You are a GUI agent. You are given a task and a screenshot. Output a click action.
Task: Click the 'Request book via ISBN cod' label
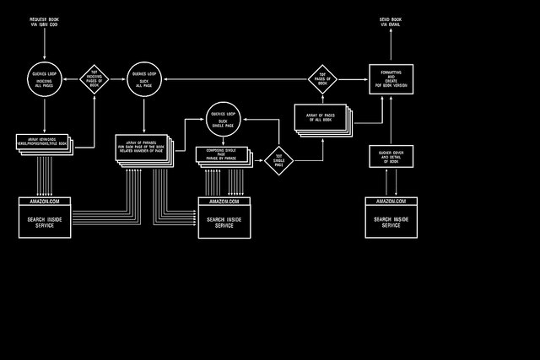click(45, 22)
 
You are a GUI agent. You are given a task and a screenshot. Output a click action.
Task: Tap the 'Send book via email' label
click(391, 22)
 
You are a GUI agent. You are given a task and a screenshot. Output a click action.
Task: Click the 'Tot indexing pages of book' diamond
click(94, 78)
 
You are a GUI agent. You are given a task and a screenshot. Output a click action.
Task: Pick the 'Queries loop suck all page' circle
click(144, 78)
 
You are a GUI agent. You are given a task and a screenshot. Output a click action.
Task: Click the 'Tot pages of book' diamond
click(322, 78)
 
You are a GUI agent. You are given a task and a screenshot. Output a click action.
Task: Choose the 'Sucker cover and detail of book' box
click(391, 156)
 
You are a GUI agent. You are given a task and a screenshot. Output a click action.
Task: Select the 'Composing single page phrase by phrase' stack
click(224, 154)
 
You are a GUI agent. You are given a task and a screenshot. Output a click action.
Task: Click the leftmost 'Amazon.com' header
click(45, 201)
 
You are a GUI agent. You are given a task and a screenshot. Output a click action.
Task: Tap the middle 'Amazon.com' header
click(224, 201)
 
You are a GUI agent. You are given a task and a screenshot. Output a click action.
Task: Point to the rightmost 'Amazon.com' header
click(391, 201)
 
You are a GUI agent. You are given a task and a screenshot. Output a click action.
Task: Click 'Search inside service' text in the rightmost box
click(391, 222)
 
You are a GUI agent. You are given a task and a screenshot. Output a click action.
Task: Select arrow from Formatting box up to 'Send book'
click(391, 46)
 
